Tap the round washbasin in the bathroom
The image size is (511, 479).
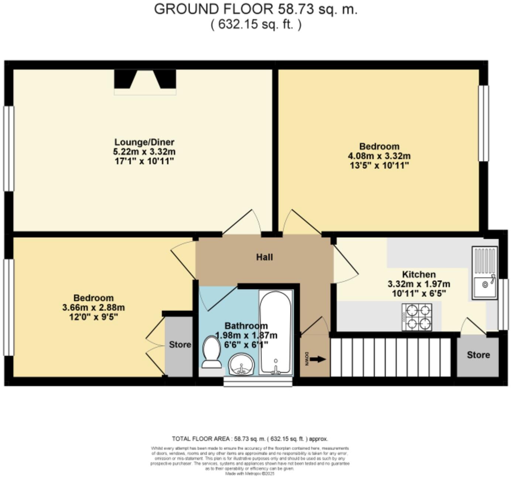(x=241, y=364)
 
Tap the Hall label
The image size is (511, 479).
(x=264, y=257)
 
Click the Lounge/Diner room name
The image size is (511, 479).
(x=144, y=142)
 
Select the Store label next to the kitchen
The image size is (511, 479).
(x=478, y=355)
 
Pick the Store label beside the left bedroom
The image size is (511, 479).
(x=180, y=344)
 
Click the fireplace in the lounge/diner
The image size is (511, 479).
(x=145, y=81)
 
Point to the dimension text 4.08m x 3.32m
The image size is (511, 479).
(x=379, y=156)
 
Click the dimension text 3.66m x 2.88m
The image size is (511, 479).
(x=93, y=308)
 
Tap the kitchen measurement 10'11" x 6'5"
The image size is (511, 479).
(x=419, y=294)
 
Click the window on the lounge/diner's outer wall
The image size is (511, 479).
(x=8, y=149)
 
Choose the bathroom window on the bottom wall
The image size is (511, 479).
(x=258, y=381)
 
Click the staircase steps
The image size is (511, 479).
(x=390, y=357)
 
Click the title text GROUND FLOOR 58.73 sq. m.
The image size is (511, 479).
(x=255, y=9)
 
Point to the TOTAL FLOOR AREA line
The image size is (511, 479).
(x=250, y=439)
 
